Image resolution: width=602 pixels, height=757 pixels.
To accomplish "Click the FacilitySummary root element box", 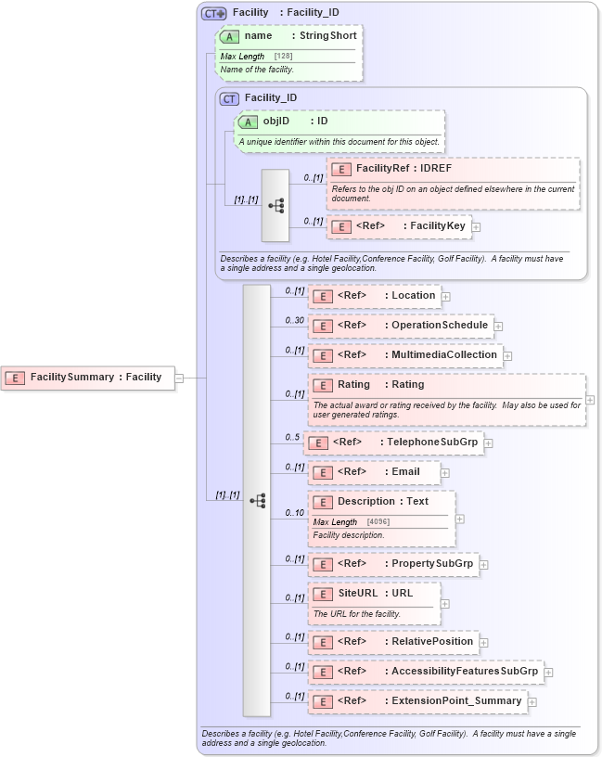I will click(87, 378).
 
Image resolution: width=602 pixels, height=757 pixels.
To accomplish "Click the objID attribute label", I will click(289, 121).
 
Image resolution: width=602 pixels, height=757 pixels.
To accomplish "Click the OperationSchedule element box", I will click(400, 326).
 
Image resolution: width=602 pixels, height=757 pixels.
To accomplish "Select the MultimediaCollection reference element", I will click(405, 355).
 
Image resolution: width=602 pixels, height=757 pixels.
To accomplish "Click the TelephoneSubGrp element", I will click(393, 443).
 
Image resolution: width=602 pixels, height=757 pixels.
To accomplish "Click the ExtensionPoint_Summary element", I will click(417, 701).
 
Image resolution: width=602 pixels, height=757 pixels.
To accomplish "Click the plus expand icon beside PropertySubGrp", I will click(483, 564).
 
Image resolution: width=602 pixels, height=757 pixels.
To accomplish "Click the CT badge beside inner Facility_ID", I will click(229, 98).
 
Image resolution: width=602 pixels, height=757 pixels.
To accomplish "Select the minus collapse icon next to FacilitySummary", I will click(179, 378).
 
